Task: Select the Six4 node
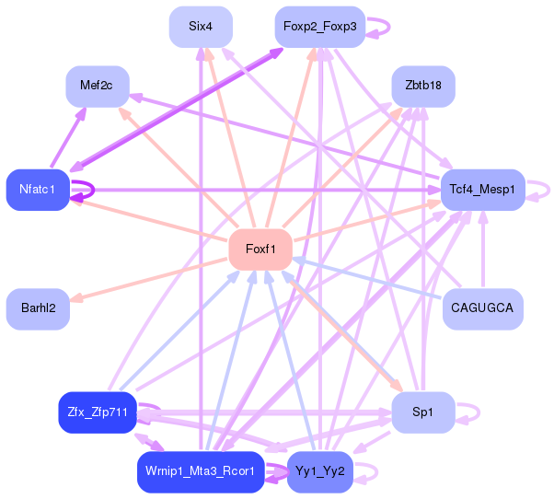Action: (201, 27)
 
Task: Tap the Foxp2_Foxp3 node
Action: (319, 27)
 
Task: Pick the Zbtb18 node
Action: (423, 86)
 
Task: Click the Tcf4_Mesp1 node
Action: (482, 190)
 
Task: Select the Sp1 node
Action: (422, 412)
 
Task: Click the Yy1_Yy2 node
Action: (319, 471)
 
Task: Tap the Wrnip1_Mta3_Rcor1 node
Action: (200, 471)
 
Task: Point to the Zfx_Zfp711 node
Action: (98, 412)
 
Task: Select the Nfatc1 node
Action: (38, 190)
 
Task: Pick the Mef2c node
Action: (96, 86)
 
